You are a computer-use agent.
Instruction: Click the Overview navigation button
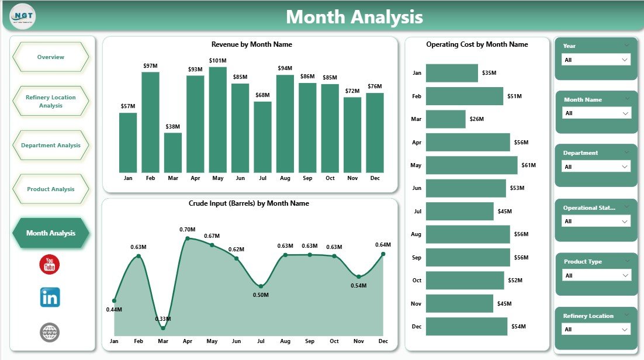click(x=51, y=57)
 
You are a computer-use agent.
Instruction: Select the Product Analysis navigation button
click(x=51, y=189)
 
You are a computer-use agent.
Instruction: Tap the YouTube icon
click(x=50, y=265)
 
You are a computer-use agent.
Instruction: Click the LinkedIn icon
click(x=50, y=297)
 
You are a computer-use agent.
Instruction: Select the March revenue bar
click(x=173, y=153)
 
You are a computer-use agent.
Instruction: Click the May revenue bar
click(x=217, y=120)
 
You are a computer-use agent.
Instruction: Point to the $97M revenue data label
click(x=150, y=65)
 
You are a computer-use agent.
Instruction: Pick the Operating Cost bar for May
click(x=471, y=165)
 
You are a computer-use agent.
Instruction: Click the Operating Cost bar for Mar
click(x=445, y=119)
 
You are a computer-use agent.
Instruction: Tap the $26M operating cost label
click(x=477, y=119)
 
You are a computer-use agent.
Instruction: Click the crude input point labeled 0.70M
click(x=188, y=238)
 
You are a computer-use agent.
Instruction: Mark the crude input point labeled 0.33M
click(x=163, y=328)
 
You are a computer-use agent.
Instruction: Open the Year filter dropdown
click(x=595, y=60)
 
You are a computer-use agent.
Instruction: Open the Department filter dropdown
click(x=595, y=167)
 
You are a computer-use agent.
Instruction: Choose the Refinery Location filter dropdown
click(x=595, y=330)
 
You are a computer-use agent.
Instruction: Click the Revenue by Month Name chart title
click(x=251, y=44)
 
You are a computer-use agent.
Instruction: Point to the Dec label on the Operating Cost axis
click(x=416, y=326)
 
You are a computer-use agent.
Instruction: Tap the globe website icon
click(x=50, y=333)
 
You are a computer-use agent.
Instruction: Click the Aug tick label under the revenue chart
click(x=285, y=178)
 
